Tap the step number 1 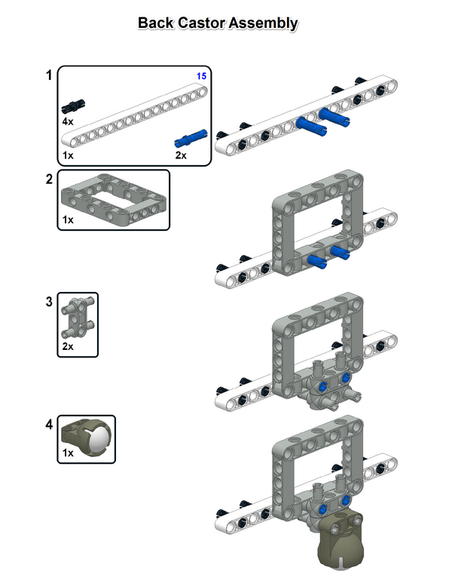tap(49, 75)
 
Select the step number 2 tap(49, 179)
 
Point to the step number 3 tap(49, 301)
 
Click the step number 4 tap(49, 425)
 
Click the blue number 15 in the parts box tap(201, 76)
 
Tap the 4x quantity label tap(68, 121)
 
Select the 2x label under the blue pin tap(181, 155)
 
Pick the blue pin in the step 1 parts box tap(191, 137)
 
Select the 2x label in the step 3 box tap(69, 348)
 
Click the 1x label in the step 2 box tap(68, 220)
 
